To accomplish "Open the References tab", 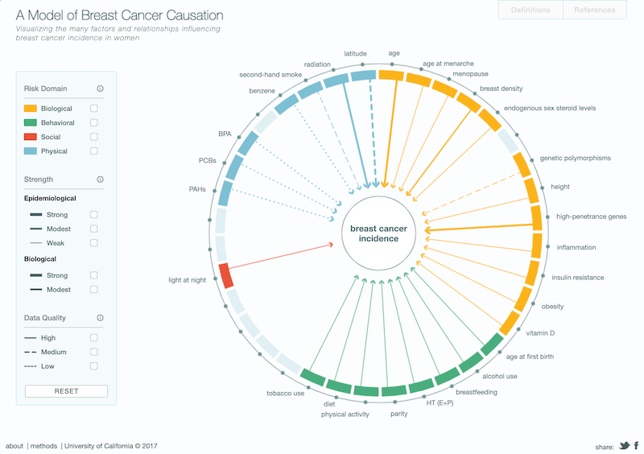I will pyautogui.click(x=594, y=10).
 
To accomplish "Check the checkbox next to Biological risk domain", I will pyautogui.click(x=94, y=109).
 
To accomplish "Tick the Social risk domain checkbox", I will pyautogui.click(x=94, y=137).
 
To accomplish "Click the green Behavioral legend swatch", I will pyautogui.click(x=31, y=123).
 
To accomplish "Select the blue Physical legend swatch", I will pyautogui.click(x=31, y=151).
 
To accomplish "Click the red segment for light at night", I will pyautogui.click(x=226, y=275).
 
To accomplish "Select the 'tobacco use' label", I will pyautogui.click(x=285, y=394).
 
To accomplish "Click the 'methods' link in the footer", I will pyautogui.click(x=43, y=446).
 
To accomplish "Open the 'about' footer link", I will pyautogui.click(x=14, y=446).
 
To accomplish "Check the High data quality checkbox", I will pyautogui.click(x=94, y=338).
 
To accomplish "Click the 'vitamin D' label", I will pyautogui.click(x=540, y=332).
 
